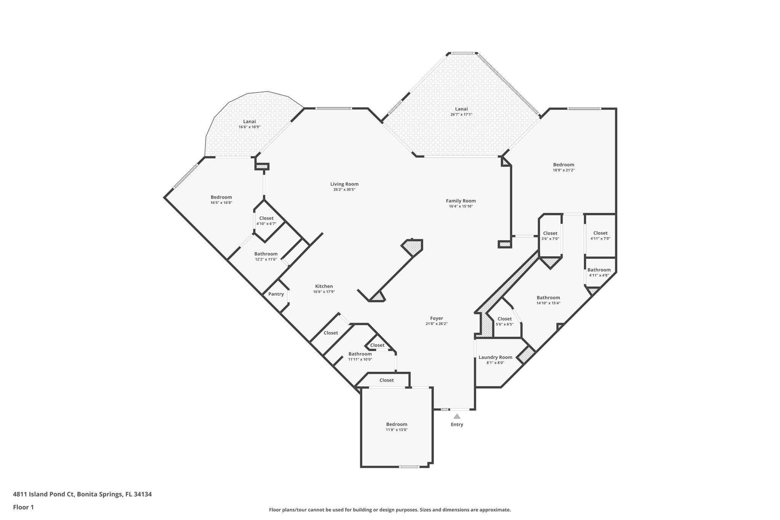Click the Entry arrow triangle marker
pyautogui.click(x=457, y=416)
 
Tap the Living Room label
pyautogui.click(x=344, y=184)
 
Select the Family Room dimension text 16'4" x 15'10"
pyautogui.click(x=461, y=206)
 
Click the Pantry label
pyautogui.click(x=276, y=294)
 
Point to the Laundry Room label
pyautogui.click(x=495, y=357)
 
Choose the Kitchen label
pyautogui.click(x=324, y=286)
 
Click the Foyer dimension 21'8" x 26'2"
pyautogui.click(x=436, y=324)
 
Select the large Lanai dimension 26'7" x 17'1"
pyautogui.click(x=461, y=115)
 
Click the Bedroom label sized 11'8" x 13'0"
pyautogui.click(x=396, y=424)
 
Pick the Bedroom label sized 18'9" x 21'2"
pyautogui.click(x=564, y=165)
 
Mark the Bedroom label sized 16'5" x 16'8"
pyautogui.click(x=221, y=197)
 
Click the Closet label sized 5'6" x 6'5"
pyautogui.click(x=505, y=319)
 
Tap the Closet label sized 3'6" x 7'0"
pyautogui.click(x=550, y=234)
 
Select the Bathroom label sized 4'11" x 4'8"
pyautogui.click(x=599, y=270)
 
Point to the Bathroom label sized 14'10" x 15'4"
pyautogui.click(x=548, y=298)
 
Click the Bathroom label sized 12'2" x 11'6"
pyautogui.click(x=266, y=254)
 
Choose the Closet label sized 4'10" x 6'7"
pyautogui.click(x=266, y=219)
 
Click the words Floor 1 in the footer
pyautogui.click(x=24, y=507)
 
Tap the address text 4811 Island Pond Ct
pyautogui.click(x=44, y=494)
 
